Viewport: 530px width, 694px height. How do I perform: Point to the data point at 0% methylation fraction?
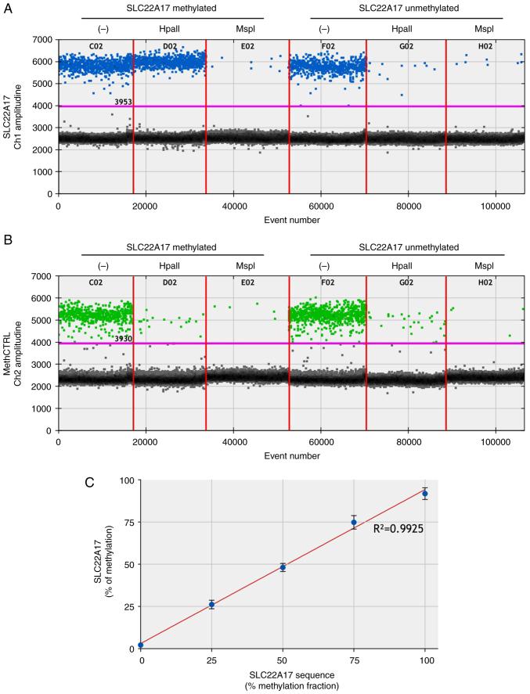click(140, 645)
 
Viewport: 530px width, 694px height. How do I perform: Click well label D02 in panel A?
click(169, 46)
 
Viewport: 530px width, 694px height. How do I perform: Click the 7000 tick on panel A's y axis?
click(43, 39)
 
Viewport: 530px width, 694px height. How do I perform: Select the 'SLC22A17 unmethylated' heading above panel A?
click(407, 8)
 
